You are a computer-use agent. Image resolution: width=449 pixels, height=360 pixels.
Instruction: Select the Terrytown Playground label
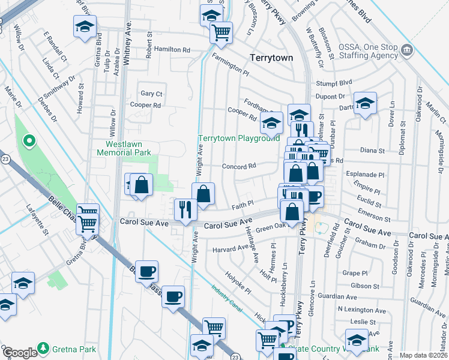tap(239, 138)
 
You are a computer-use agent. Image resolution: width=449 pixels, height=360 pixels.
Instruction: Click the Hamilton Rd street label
tap(172, 49)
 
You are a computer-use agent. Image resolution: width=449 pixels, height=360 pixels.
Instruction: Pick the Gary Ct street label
tap(151, 94)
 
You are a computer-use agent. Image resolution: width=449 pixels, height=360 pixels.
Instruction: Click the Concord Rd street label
tap(240, 166)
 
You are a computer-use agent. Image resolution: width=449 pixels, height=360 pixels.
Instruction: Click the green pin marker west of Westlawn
tap(28, 142)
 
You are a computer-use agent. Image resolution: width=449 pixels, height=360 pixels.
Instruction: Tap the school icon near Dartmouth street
tap(364, 104)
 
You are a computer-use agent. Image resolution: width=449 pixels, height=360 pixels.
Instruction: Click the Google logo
tap(19, 353)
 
